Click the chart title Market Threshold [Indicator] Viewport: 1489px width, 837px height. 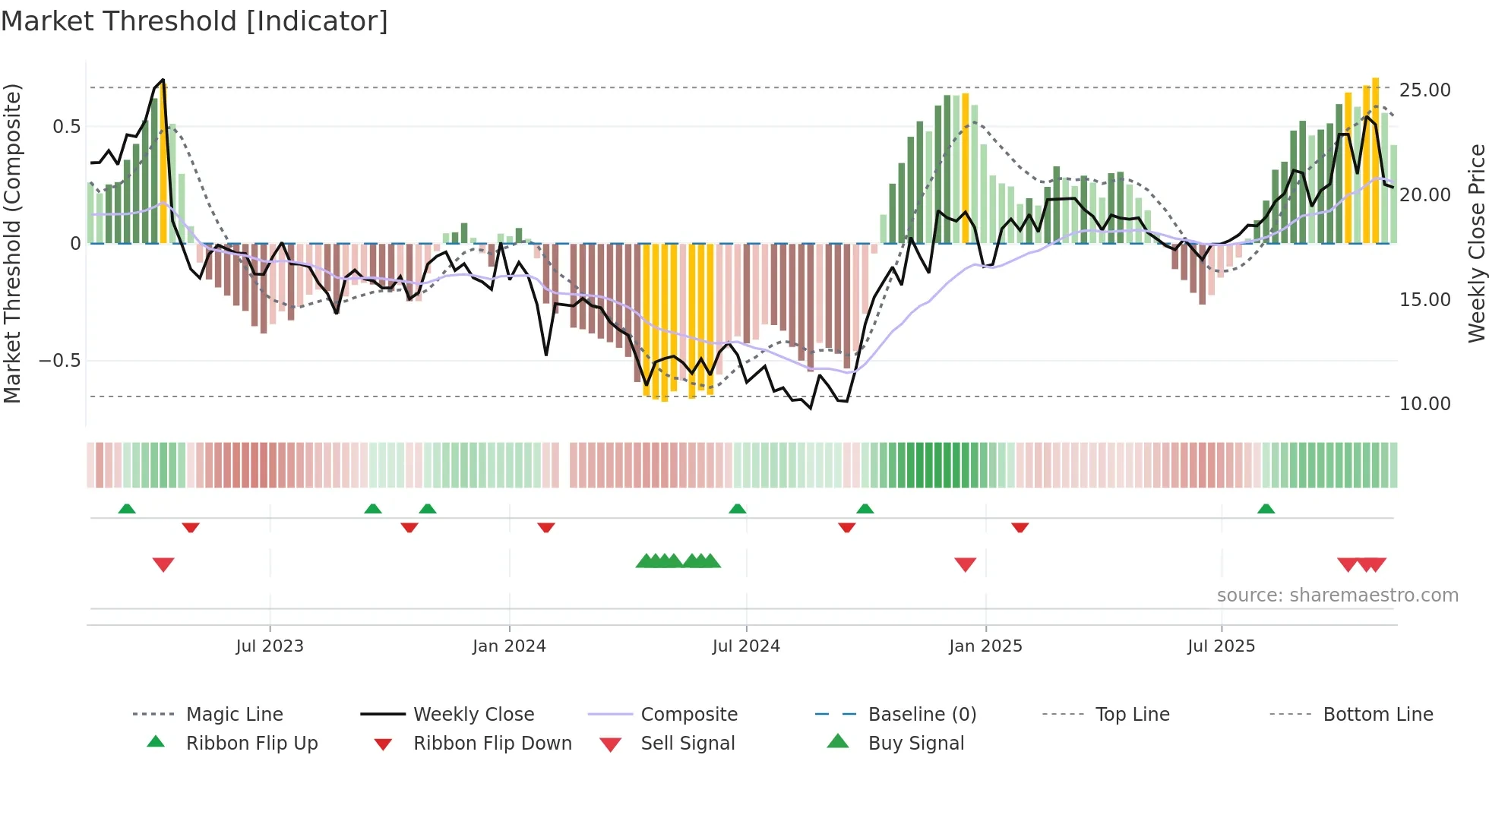(x=194, y=21)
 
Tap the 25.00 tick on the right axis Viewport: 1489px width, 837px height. (x=1424, y=90)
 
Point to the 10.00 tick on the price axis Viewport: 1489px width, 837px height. (x=1424, y=404)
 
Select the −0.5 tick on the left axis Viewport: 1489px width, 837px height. (x=59, y=361)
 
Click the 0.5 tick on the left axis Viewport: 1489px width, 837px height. (x=66, y=127)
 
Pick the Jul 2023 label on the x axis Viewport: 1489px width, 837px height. (x=270, y=646)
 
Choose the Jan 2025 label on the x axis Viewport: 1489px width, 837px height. (x=985, y=646)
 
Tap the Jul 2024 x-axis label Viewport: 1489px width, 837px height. (x=746, y=646)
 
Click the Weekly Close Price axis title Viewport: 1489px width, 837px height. (x=1476, y=243)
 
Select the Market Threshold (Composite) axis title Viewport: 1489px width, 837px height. (x=12, y=243)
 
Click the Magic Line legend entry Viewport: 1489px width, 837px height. (x=234, y=715)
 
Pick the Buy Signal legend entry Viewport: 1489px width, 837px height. (x=915, y=744)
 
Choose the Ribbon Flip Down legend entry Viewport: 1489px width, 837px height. (x=492, y=744)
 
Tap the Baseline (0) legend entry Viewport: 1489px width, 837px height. (x=922, y=715)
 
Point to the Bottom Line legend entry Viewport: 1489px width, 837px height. (x=1377, y=715)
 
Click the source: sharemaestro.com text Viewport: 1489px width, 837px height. (x=1337, y=595)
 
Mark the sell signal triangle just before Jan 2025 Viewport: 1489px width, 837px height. (x=965, y=564)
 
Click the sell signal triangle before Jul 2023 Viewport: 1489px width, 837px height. (x=163, y=564)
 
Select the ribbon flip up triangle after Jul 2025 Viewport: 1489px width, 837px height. (x=1266, y=509)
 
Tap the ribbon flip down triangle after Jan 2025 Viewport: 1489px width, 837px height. (x=1020, y=527)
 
